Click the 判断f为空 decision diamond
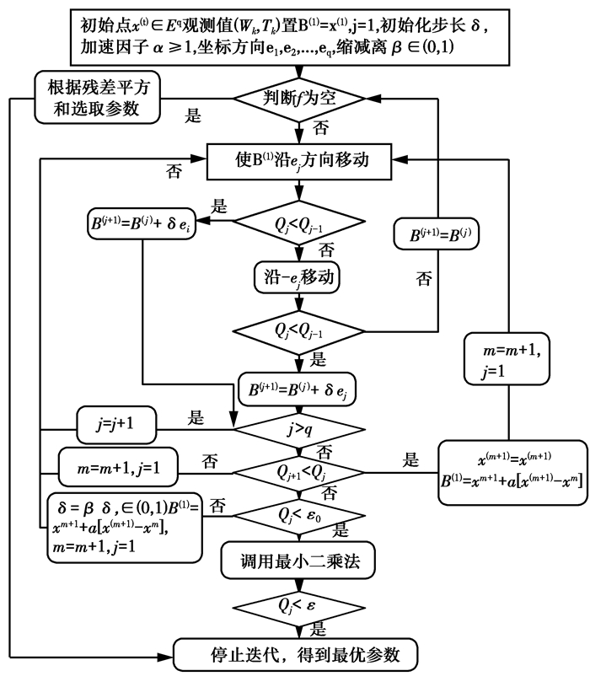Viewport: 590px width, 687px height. click(299, 98)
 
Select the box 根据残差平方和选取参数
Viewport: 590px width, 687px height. click(90, 98)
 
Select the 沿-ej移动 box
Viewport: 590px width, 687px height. click(299, 275)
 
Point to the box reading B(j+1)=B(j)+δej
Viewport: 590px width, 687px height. click(299, 388)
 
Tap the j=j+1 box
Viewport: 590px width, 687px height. click(118, 424)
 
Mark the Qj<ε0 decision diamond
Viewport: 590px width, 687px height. click(299, 511)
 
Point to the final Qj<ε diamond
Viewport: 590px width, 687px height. click(299, 606)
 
